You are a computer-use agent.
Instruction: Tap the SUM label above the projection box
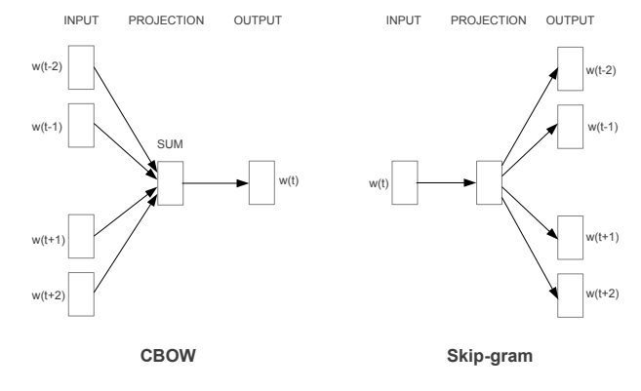170,145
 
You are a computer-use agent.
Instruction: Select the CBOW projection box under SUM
170,182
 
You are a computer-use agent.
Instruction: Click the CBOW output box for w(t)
261,182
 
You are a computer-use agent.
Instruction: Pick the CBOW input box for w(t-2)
81,68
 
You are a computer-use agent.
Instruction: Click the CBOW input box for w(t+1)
81,239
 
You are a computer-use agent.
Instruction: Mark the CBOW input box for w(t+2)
81,293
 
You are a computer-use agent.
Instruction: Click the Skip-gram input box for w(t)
404,182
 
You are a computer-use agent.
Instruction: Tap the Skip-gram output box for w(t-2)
570,68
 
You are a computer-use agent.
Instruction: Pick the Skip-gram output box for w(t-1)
570,125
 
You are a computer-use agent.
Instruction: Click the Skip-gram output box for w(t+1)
570,239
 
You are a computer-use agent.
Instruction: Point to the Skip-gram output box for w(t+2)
570,293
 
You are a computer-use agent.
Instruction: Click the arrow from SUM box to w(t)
215,182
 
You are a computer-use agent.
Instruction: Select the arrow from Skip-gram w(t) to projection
447,182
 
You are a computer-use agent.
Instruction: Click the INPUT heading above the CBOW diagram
81,19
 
